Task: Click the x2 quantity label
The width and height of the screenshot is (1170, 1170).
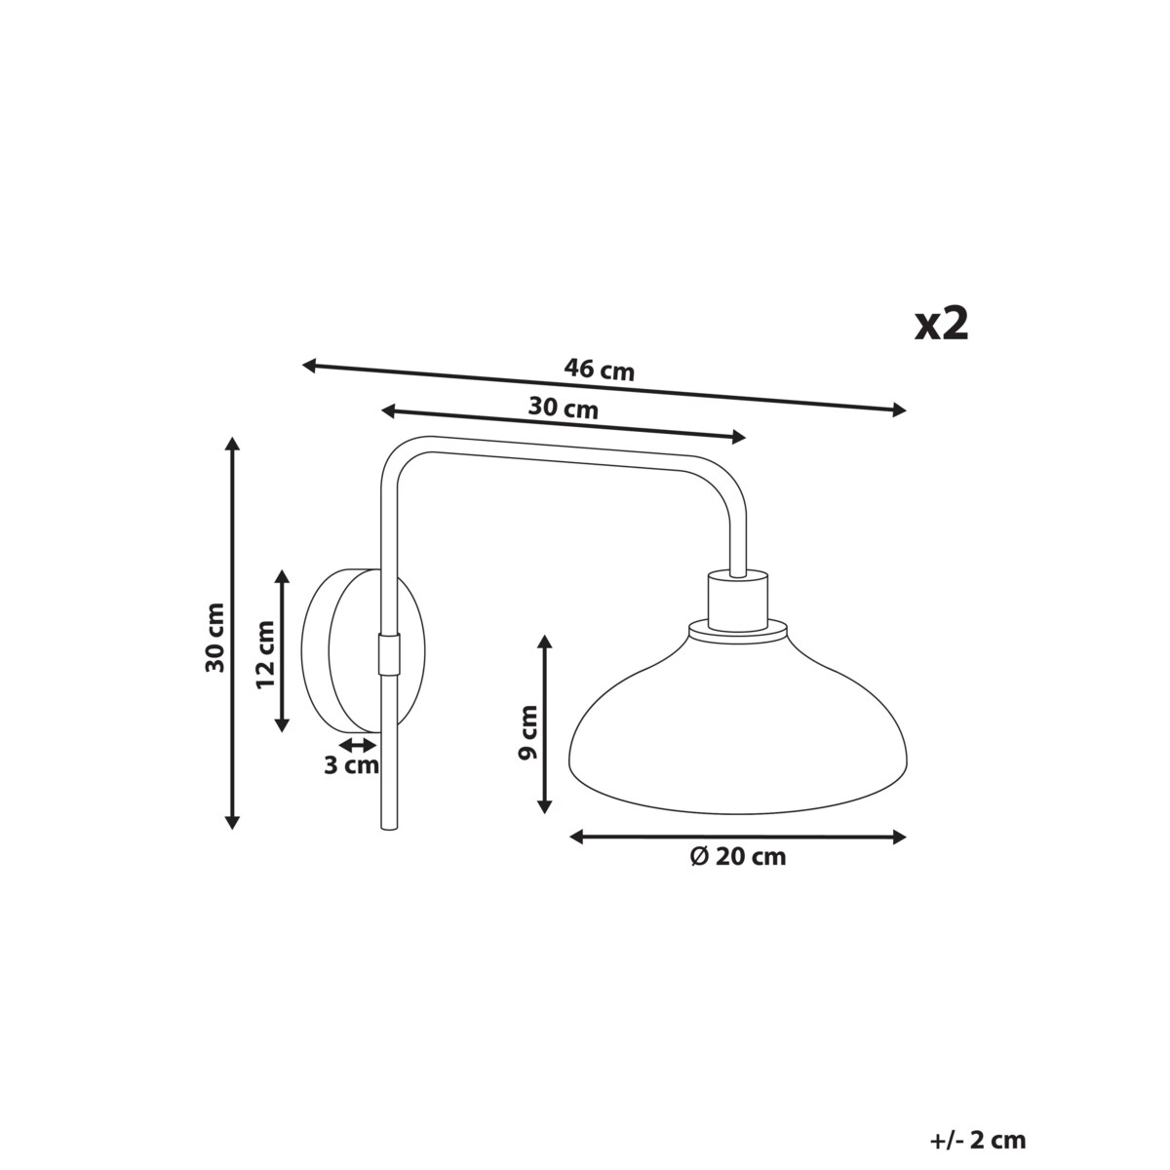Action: (x=941, y=324)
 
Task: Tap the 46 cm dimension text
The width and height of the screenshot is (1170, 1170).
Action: (x=599, y=370)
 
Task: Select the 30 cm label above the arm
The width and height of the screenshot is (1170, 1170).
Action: (x=563, y=409)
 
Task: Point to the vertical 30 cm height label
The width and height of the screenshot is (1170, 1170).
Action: (x=215, y=637)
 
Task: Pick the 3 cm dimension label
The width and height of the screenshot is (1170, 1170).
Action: (x=350, y=765)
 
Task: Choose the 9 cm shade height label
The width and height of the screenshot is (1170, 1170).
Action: (x=527, y=732)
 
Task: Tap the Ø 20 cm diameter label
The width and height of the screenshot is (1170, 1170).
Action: (x=737, y=858)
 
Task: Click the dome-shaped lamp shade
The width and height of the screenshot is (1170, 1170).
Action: (x=738, y=731)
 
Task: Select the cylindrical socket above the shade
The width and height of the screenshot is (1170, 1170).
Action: (x=737, y=599)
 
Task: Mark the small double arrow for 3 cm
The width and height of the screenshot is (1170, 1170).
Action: (x=357, y=744)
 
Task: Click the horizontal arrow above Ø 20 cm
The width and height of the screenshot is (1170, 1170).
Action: (x=737, y=837)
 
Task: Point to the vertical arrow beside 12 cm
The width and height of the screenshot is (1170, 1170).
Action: (x=283, y=650)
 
